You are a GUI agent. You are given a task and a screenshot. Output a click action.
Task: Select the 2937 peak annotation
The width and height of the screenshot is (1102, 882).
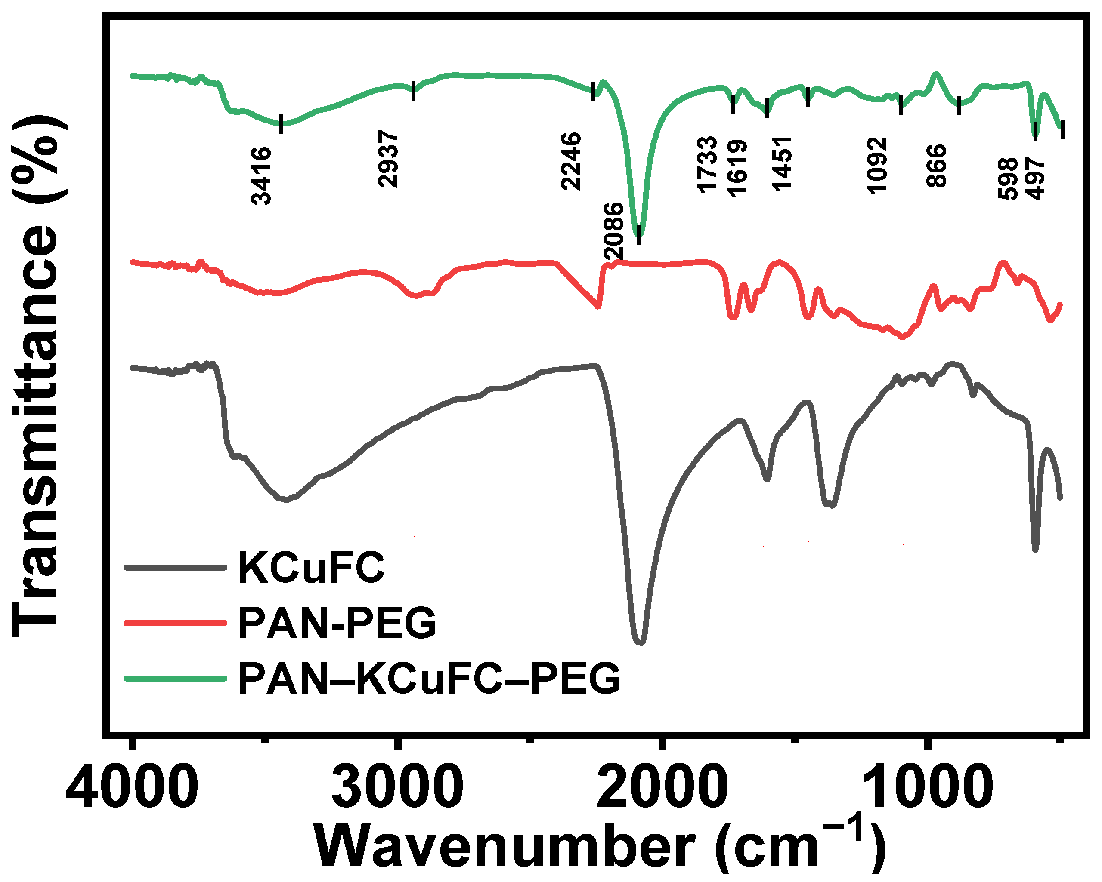388,158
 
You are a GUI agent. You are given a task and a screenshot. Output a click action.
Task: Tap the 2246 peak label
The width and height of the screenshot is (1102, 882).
571,161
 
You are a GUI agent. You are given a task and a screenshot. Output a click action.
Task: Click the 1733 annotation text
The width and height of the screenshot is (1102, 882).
707,164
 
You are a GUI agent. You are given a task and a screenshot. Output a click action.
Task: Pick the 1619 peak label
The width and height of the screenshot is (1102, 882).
737,168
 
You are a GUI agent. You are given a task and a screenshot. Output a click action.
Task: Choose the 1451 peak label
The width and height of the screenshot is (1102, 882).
782,164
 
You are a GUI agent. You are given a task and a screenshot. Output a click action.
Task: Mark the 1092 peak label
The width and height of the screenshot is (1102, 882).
877,166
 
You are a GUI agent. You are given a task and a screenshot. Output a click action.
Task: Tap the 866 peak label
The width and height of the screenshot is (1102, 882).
937,166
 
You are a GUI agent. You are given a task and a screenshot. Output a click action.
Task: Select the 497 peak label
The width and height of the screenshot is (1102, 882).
1035,178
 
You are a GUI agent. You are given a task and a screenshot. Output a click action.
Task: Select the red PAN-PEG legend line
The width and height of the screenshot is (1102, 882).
175,623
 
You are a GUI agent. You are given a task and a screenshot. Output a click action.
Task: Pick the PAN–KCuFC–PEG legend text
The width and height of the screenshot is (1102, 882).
429,678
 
